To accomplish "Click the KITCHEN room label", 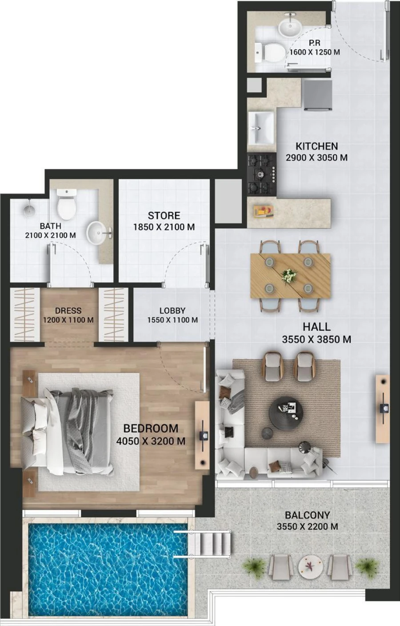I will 316,146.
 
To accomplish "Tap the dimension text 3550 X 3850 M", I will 316,339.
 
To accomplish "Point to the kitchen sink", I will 261,123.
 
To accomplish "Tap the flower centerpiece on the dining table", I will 290,275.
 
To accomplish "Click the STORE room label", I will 164,216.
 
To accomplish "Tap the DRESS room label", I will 68,311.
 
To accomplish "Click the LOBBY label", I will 172,311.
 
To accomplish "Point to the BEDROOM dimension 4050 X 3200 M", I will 150,441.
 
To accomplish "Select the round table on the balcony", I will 309,567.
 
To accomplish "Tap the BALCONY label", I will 307,515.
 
